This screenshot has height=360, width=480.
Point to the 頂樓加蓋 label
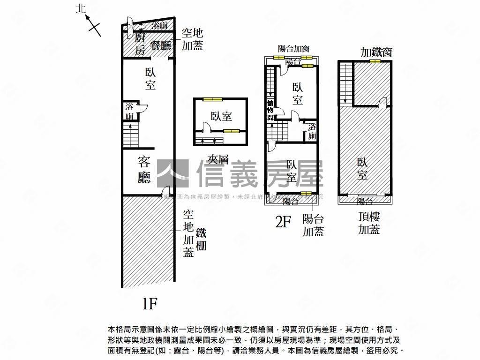click(x=369, y=223)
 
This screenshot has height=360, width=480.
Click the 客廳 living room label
click(x=144, y=169)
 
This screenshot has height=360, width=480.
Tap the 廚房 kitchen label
click(x=140, y=45)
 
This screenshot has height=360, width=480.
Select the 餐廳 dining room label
click(x=161, y=45)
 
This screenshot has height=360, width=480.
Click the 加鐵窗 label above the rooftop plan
click(x=376, y=52)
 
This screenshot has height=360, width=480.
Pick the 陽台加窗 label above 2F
click(x=293, y=48)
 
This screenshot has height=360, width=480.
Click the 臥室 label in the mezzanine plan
click(x=221, y=116)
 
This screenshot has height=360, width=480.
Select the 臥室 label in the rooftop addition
click(x=362, y=169)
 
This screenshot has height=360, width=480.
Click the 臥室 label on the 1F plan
click(x=150, y=79)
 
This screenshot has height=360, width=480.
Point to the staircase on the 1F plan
click(x=131, y=135)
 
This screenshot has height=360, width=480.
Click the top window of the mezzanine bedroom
click(x=213, y=99)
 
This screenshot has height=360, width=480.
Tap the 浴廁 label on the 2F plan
click(x=312, y=131)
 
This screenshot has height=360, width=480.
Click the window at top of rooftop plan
click(x=375, y=61)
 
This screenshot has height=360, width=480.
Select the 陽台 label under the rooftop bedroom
click(x=365, y=202)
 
